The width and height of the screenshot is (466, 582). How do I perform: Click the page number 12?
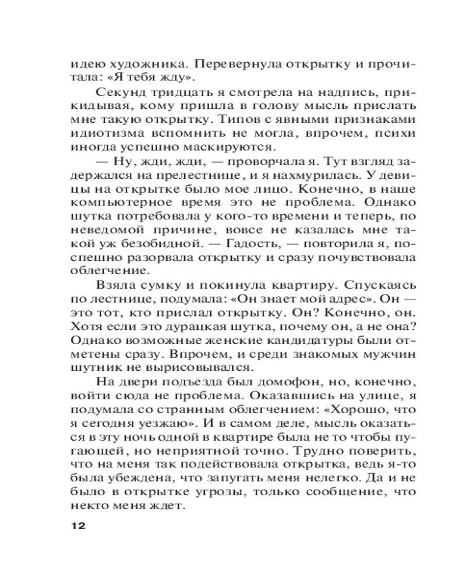(x=78, y=526)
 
